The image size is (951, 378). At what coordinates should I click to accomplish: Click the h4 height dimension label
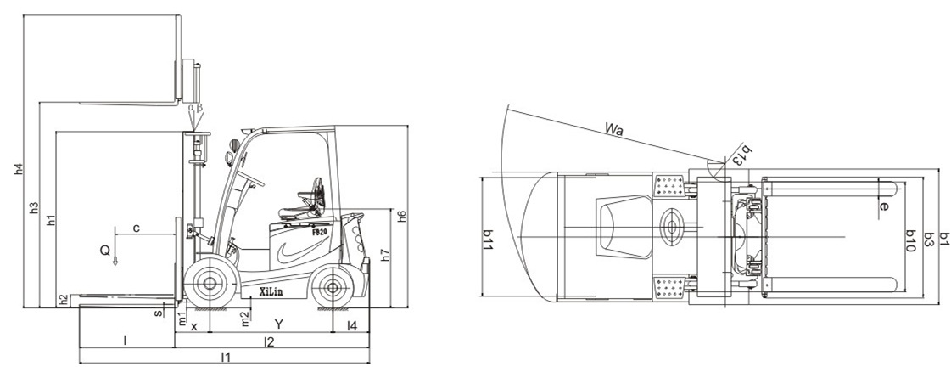click(19, 170)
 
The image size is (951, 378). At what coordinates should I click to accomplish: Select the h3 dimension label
click(35, 207)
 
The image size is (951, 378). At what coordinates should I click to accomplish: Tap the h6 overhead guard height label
click(401, 216)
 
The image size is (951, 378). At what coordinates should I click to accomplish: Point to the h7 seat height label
click(385, 255)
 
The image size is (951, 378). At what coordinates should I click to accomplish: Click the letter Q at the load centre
click(105, 249)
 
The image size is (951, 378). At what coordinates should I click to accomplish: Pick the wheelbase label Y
click(279, 324)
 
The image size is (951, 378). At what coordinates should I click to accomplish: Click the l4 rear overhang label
click(352, 325)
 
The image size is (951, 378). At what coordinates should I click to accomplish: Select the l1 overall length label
click(226, 357)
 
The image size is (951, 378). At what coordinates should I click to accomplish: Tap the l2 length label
click(269, 341)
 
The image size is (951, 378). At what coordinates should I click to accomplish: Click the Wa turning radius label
click(614, 129)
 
